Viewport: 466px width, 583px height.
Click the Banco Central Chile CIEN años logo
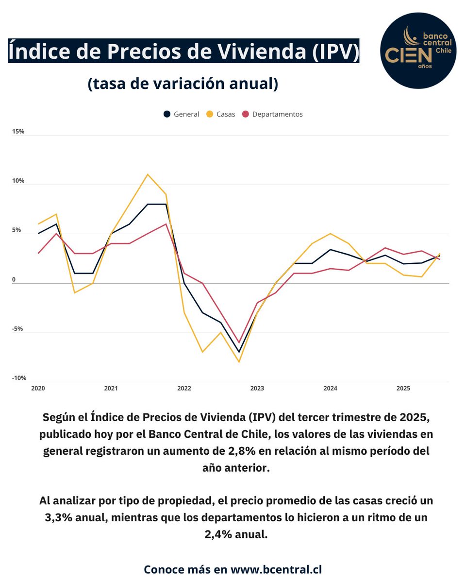click(418, 51)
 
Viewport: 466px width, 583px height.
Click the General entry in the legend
click(182, 114)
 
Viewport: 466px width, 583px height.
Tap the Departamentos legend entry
click(272, 114)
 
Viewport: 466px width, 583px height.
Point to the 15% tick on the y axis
click(18, 132)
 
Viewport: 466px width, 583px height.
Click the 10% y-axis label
click(18, 181)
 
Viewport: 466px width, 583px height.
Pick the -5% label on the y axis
click(18, 329)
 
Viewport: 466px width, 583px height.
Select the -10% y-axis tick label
click(19, 378)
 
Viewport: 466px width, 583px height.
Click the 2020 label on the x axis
click(38, 389)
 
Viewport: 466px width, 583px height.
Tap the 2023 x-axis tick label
click(257, 389)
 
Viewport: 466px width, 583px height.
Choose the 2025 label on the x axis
click(403, 389)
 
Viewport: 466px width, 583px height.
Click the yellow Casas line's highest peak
click(148, 174)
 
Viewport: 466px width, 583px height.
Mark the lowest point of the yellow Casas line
click(239, 362)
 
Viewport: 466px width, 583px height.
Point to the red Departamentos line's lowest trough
click(239, 343)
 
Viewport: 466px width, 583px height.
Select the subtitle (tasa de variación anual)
click(183, 84)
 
